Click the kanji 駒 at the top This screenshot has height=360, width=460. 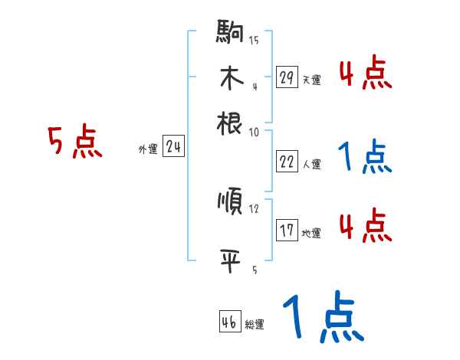point(230,34)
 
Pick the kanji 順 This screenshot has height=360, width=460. point(230,203)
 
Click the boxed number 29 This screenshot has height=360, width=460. point(287,77)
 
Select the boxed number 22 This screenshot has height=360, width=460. point(287,162)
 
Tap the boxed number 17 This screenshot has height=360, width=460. point(287,231)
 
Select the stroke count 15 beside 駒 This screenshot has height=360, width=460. point(254,41)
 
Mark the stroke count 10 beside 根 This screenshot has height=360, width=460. point(254,132)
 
